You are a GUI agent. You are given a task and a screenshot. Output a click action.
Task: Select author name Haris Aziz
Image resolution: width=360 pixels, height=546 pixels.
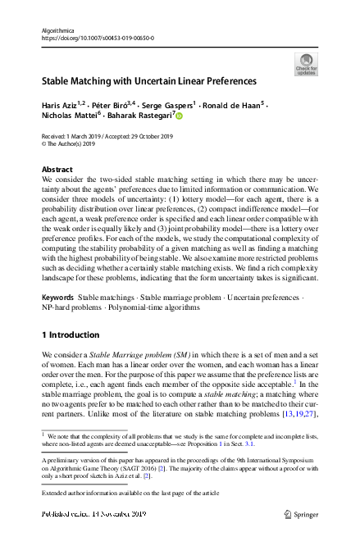coord(60,106)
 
